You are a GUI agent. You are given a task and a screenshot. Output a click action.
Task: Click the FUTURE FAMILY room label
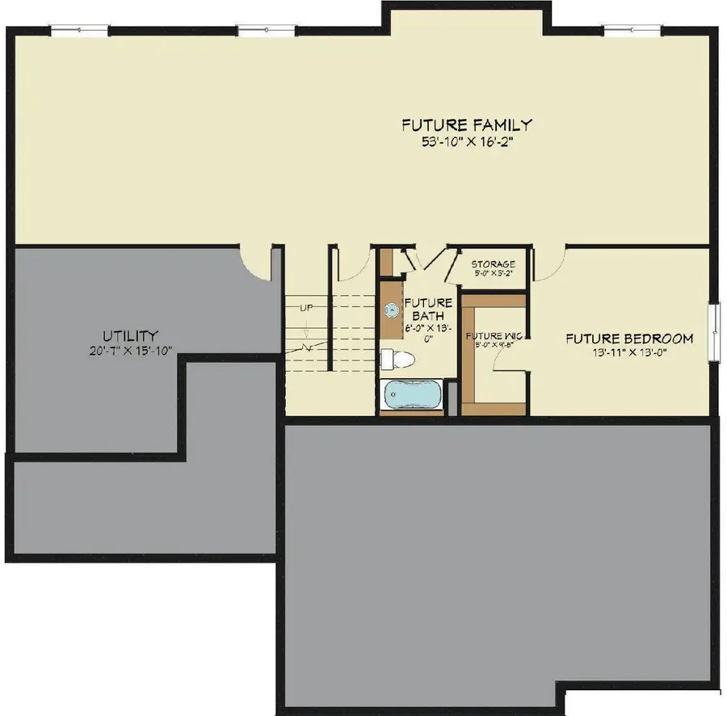pos(467,125)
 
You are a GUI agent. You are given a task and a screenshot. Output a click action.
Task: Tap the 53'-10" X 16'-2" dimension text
pos(467,141)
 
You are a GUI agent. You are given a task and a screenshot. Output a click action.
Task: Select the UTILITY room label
pos(130,335)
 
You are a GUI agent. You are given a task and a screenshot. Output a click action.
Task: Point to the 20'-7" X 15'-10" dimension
pos(130,350)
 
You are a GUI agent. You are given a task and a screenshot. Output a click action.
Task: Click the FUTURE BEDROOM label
pos(629,339)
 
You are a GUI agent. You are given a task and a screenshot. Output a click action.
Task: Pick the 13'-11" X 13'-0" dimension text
pos(629,352)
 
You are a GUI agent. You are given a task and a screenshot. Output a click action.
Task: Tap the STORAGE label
pos(493,264)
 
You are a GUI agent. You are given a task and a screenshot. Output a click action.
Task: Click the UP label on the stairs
pos(306,308)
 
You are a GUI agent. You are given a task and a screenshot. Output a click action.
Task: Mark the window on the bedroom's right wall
pos(714,331)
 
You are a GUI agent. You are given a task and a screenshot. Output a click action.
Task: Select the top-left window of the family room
pos(78,31)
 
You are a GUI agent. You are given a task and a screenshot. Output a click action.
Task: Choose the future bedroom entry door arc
pos(548,264)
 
